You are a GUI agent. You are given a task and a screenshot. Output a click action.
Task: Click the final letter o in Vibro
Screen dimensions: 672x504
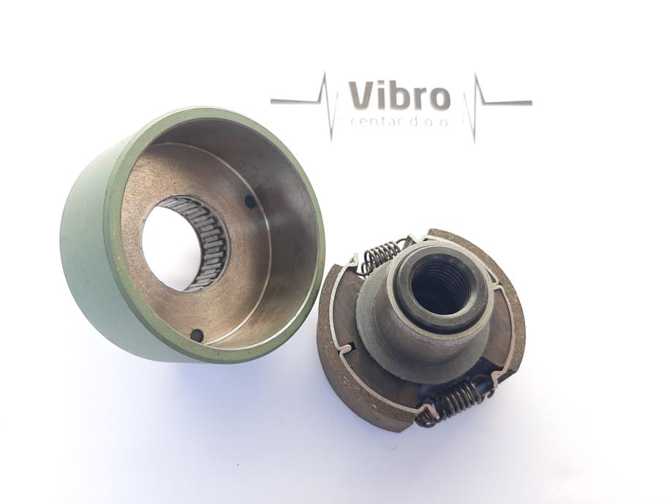point(441,99)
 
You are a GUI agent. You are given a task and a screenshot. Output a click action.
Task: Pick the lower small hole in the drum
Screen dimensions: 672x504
point(195,333)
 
